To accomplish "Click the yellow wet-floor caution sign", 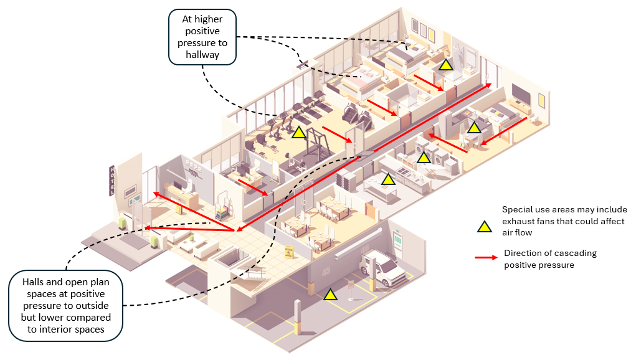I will point(289,252).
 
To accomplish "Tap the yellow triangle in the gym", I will point(298,132).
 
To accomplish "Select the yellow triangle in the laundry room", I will point(424,158).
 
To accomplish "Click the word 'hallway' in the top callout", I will point(202,55).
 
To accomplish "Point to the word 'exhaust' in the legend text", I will point(518,222).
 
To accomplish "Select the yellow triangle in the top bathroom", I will point(445,64).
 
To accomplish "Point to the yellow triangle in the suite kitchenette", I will point(474,128).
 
